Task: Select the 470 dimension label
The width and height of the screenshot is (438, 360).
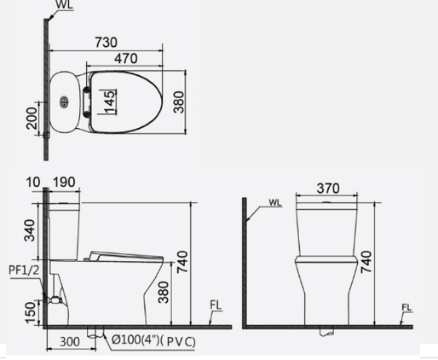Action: pos(127,60)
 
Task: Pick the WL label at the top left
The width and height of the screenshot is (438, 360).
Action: pos(64,6)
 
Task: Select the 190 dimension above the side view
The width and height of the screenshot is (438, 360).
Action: pos(66,182)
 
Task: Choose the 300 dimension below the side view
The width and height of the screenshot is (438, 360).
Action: pos(71,343)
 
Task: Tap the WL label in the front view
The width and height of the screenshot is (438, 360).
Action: pos(274,203)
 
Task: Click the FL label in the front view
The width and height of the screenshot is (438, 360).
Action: pos(406,307)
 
